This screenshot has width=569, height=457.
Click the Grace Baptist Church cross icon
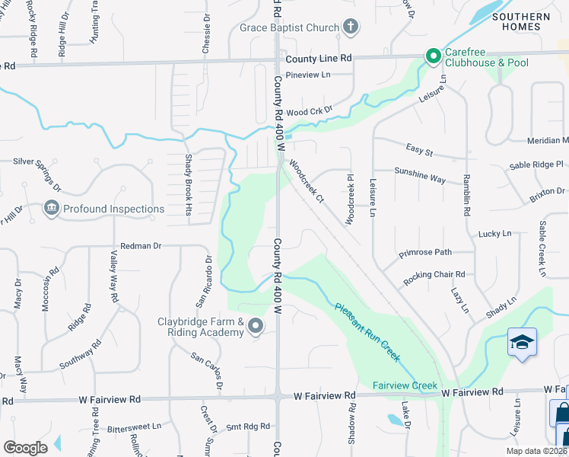point(350,28)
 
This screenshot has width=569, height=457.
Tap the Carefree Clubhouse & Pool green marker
point(433,56)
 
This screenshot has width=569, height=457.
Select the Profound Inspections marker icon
point(52,208)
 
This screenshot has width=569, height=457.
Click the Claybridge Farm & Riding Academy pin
point(256,328)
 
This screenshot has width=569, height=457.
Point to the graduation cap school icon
point(523,341)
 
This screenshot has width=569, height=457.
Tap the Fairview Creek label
point(405,385)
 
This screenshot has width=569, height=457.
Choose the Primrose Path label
point(427,252)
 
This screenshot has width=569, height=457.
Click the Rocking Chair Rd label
point(434,275)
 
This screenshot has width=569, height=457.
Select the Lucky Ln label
point(495,233)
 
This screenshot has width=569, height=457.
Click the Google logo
point(25,448)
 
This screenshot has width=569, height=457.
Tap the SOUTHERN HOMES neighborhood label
point(520,21)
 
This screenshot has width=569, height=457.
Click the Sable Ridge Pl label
point(536,165)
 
